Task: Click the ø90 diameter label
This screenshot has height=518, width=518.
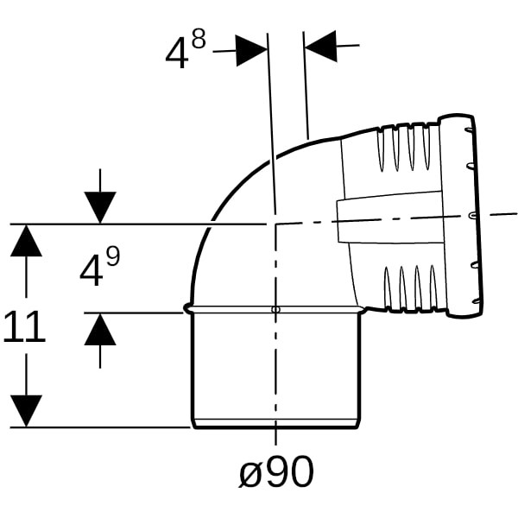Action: click(276, 471)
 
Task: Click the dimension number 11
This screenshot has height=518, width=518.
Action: click(24, 326)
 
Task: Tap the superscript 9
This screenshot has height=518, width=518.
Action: click(112, 257)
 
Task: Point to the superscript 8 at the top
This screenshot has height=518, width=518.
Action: click(199, 39)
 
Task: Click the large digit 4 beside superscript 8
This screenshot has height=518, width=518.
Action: click(177, 53)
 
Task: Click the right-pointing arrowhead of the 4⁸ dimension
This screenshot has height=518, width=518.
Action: click(252, 51)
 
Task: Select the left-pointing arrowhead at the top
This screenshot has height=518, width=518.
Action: click(320, 47)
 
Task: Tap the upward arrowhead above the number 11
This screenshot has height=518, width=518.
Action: click(26, 240)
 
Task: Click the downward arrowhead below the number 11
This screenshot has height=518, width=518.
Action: click(26, 411)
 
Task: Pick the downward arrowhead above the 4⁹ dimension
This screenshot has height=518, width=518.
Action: click(100, 207)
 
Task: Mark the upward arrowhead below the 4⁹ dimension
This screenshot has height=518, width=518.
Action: click(100, 329)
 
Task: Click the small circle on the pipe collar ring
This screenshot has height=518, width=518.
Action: click(275, 309)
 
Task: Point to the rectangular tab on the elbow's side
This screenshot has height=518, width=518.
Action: click(390, 218)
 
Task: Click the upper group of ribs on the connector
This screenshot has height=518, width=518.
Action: click(407, 148)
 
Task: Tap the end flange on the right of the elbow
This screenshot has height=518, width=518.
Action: click(460, 217)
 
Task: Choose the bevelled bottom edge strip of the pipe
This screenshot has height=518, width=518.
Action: click(276, 424)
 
